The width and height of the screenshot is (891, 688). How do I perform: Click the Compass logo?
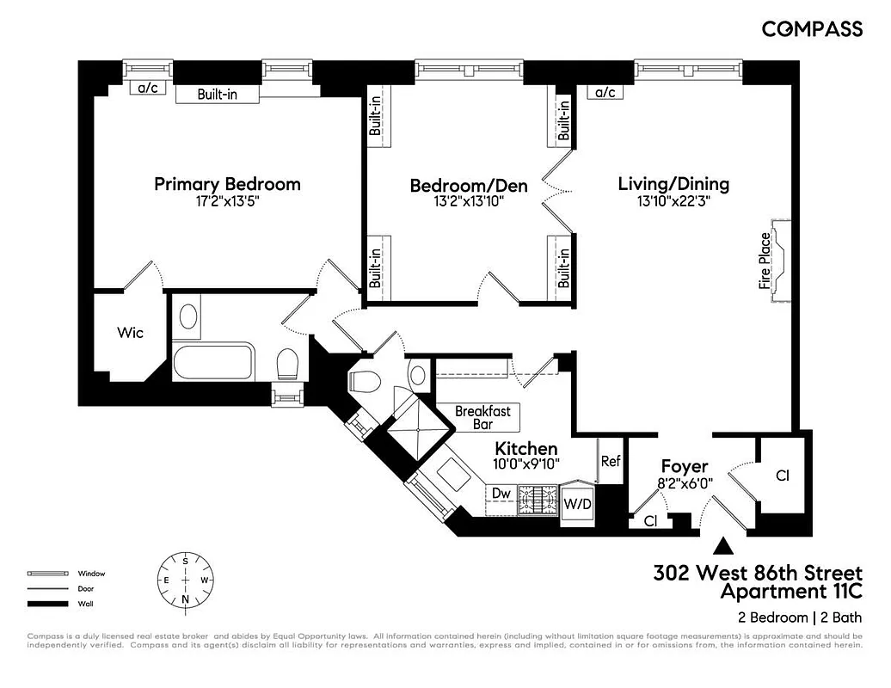pos(812,29)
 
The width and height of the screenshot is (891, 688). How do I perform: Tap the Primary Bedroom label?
pos(227,184)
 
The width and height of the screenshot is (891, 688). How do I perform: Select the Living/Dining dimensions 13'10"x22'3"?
pos(673,202)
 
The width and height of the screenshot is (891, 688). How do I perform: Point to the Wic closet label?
pos(130,333)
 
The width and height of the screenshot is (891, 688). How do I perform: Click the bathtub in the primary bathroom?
pos(213,361)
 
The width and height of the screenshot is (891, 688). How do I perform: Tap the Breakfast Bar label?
pos(482,417)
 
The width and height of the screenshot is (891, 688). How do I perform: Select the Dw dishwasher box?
pos(501,494)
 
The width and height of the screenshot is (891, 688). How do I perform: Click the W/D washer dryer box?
pos(577,502)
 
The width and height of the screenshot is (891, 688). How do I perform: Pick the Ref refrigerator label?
pos(611,461)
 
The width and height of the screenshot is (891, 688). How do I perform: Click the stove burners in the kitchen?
pos(538,500)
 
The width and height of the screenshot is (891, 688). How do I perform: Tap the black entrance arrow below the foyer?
pos(724,545)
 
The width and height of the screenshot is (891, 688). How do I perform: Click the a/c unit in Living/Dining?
pos(605,93)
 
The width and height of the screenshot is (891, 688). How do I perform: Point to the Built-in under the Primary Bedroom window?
pos(217,95)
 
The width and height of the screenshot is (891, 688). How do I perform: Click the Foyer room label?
pos(684,467)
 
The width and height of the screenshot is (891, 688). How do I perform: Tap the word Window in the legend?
pos(91,574)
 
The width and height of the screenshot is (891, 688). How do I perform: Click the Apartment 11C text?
pos(790,592)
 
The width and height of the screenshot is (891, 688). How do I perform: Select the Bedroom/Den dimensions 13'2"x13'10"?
pos(469,202)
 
